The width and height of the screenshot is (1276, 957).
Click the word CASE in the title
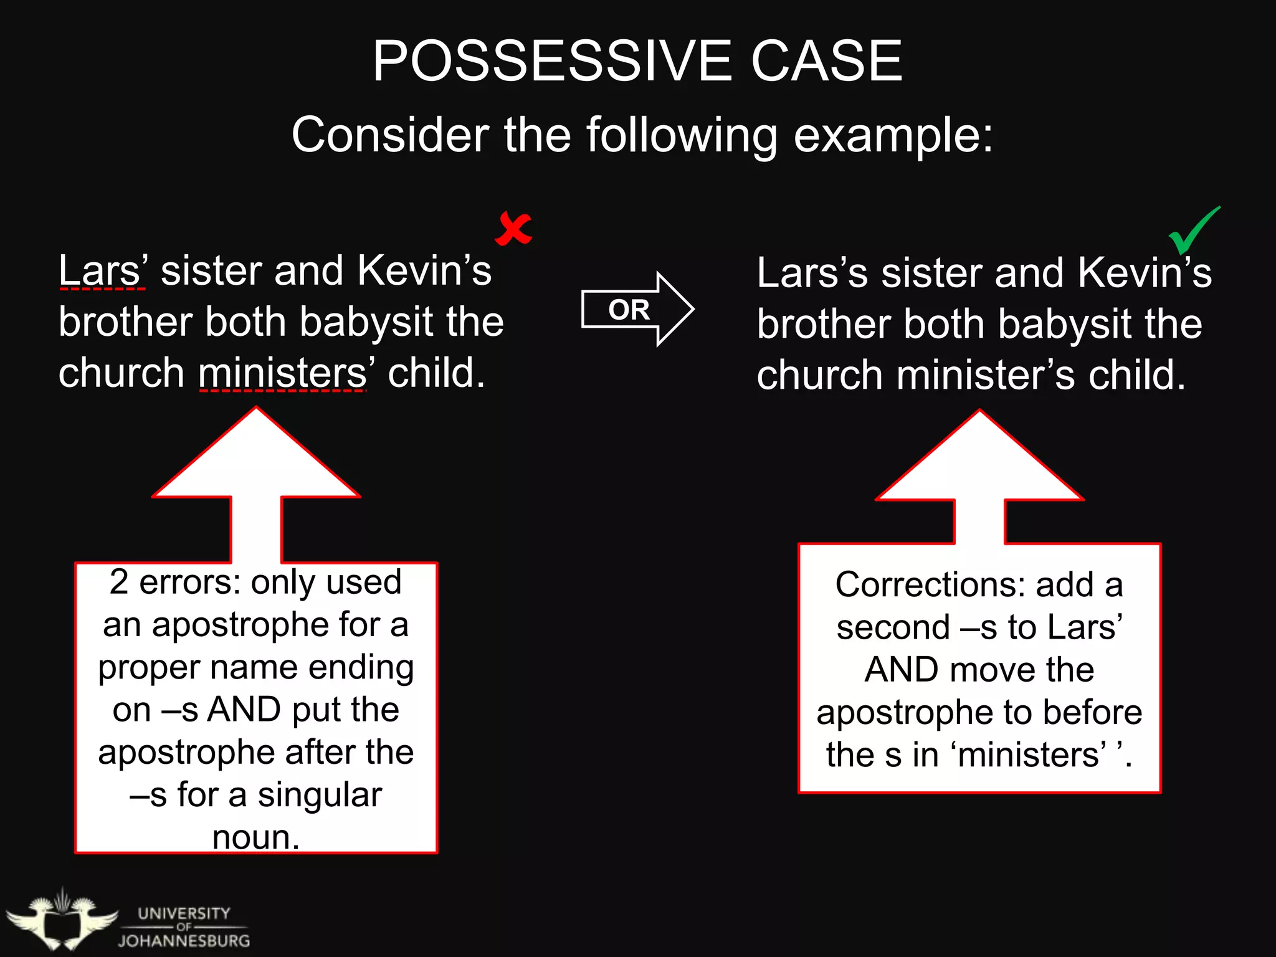pos(827,61)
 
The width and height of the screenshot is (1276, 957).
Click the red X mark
pos(513,229)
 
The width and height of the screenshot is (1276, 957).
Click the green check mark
pos(1194,230)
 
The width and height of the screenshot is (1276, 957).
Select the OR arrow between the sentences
pos(637,309)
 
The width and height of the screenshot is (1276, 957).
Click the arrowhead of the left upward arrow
pos(256,455)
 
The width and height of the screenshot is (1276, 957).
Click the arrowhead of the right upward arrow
pos(979,458)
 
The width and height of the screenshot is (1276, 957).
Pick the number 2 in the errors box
pos(119,583)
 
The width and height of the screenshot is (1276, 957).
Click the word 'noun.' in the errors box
pos(256,837)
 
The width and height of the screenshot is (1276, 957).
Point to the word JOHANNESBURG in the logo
pos(184,941)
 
